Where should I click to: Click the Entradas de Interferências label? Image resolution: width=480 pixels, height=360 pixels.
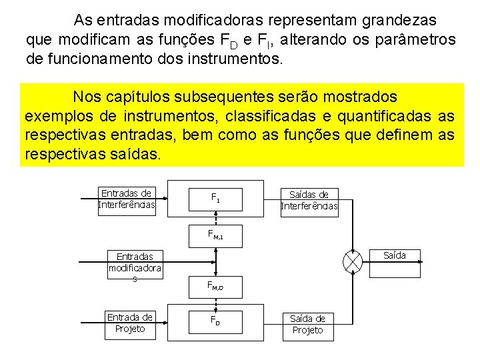(x=127, y=199)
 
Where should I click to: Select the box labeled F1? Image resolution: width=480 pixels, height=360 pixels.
(x=215, y=197)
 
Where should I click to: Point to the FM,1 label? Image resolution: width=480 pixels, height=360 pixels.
(x=215, y=234)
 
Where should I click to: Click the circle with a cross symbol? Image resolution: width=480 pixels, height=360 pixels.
(x=351, y=262)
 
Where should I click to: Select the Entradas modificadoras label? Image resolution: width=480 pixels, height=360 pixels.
(x=135, y=267)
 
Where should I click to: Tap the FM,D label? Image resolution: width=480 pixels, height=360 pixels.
(x=215, y=287)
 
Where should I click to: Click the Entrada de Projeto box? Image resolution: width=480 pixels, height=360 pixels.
(x=130, y=323)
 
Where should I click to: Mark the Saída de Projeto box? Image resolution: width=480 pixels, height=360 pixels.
(x=308, y=324)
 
